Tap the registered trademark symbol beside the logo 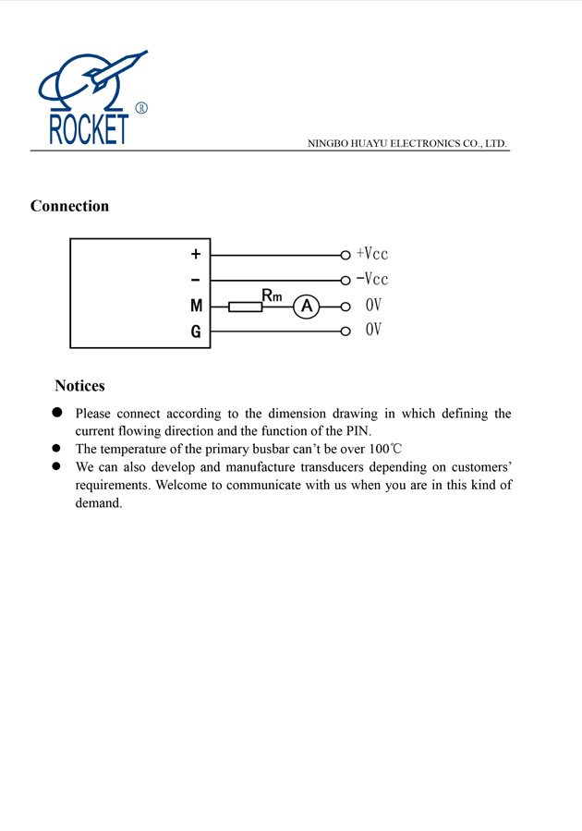pos(141,108)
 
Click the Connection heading pos(69,206)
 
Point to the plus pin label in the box pos(196,254)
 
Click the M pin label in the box pos(196,306)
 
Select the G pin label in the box pos(196,331)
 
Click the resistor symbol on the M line pos(245,306)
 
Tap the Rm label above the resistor pos(272,295)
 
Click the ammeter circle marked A pos(306,306)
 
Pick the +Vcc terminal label pos(372,254)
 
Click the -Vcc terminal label pos(372,279)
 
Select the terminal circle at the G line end pos(345,331)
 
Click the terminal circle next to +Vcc pos(345,254)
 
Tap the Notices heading pos(79,386)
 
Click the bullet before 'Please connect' pos(56,413)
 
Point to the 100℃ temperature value pos(385,449)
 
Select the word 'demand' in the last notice pos(98,503)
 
